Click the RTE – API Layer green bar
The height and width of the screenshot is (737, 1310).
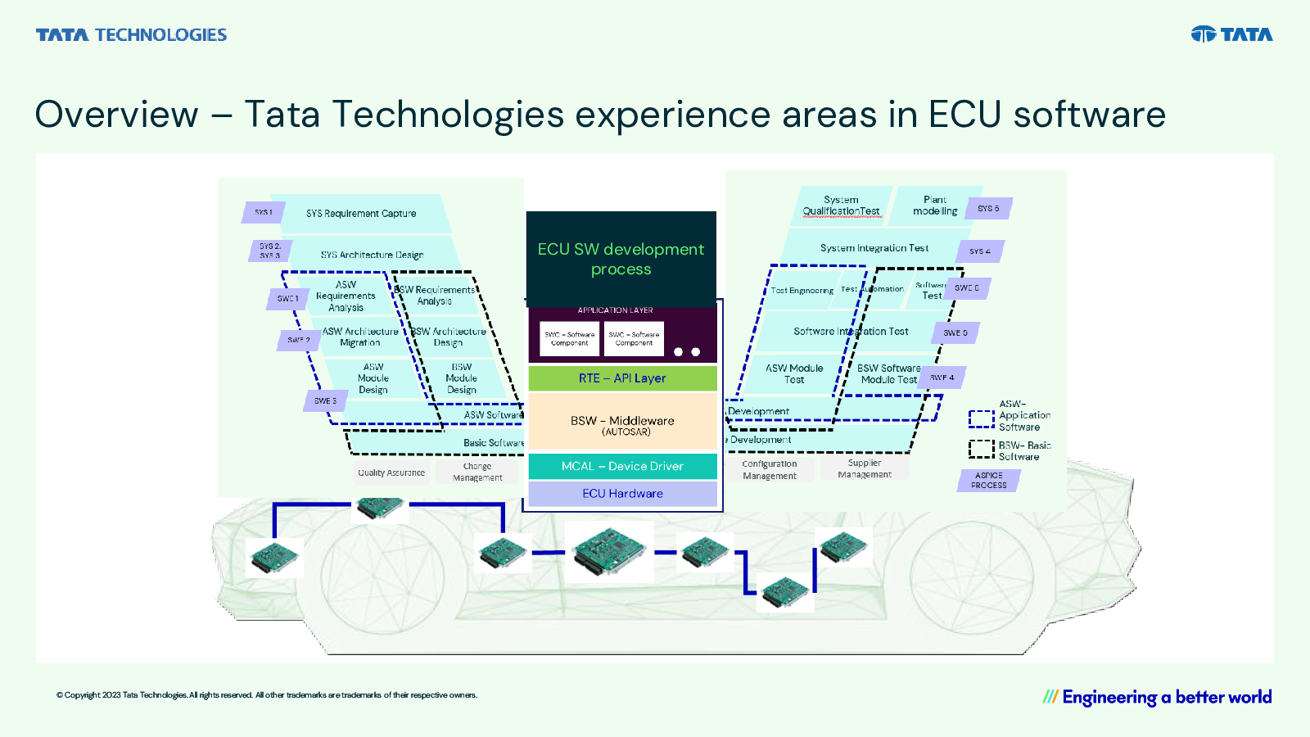tap(622, 378)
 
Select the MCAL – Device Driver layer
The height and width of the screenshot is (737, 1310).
tap(622, 466)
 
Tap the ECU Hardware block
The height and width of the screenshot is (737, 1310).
tap(622, 494)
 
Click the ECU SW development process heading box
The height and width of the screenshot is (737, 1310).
tap(621, 259)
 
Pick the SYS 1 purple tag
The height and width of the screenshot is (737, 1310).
tap(263, 212)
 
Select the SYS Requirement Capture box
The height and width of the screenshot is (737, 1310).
tap(361, 214)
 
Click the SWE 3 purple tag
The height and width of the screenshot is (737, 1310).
tap(325, 401)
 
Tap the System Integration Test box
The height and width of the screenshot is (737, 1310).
tap(874, 248)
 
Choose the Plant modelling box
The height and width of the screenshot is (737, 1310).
tap(934, 206)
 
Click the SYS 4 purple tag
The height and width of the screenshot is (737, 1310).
tap(979, 251)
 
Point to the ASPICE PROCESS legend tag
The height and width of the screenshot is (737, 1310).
tap(988, 481)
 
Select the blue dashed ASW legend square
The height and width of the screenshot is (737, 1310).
tap(981, 419)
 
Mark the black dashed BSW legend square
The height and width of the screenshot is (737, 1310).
tap(981, 449)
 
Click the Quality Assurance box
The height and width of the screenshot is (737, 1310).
tap(391, 472)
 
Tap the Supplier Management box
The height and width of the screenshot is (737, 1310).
tap(865, 468)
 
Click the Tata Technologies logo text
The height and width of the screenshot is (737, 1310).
tap(131, 35)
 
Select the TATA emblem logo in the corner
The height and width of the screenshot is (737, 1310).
tap(1231, 34)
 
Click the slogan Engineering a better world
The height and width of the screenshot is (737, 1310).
tap(1157, 698)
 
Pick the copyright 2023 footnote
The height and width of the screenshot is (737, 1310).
tap(267, 695)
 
